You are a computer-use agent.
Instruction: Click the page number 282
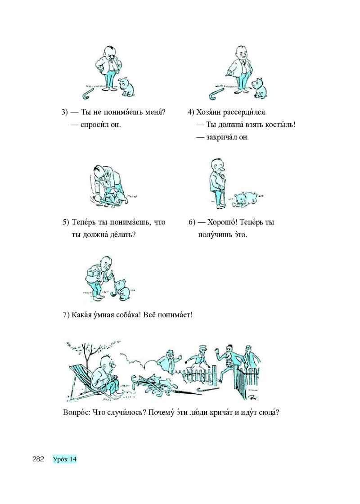pos(38,459)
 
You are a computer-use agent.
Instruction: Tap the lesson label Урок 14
pos(65,459)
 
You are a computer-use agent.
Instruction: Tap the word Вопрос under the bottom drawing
pos(77,412)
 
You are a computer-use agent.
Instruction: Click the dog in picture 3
pos(126,87)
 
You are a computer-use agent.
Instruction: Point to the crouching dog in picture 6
pos(246,199)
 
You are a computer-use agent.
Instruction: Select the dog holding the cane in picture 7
pos(122,288)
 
